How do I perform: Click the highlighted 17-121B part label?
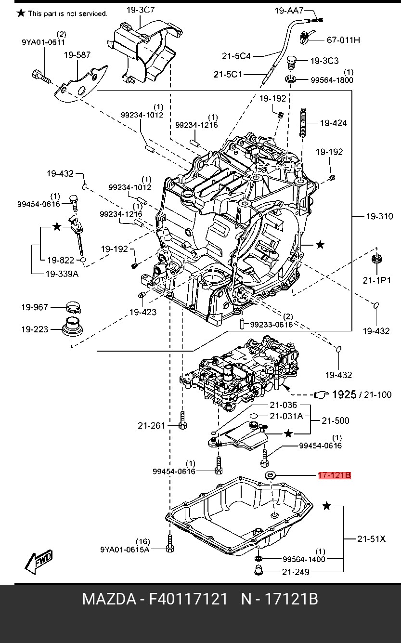[x=334, y=476]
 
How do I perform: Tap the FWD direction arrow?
[x=39, y=562]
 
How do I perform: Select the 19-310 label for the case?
[x=379, y=217]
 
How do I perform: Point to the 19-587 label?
[x=78, y=55]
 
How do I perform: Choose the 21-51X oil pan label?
[x=372, y=539]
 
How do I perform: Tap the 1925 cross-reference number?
[x=344, y=395]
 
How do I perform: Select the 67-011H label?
[x=343, y=40]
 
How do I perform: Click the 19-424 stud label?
[x=333, y=123]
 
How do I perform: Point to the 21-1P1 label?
[x=377, y=280]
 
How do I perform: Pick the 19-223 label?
[x=35, y=329]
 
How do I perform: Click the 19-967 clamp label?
[x=35, y=307]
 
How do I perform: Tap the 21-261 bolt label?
[x=151, y=425]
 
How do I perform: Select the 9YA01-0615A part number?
[x=125, y=549]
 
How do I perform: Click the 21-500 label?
[x=336, y=420]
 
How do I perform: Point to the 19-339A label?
[x=62, y=274]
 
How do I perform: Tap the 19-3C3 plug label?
[x=324, y=61]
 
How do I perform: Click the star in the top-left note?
[x=21, y=13]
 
